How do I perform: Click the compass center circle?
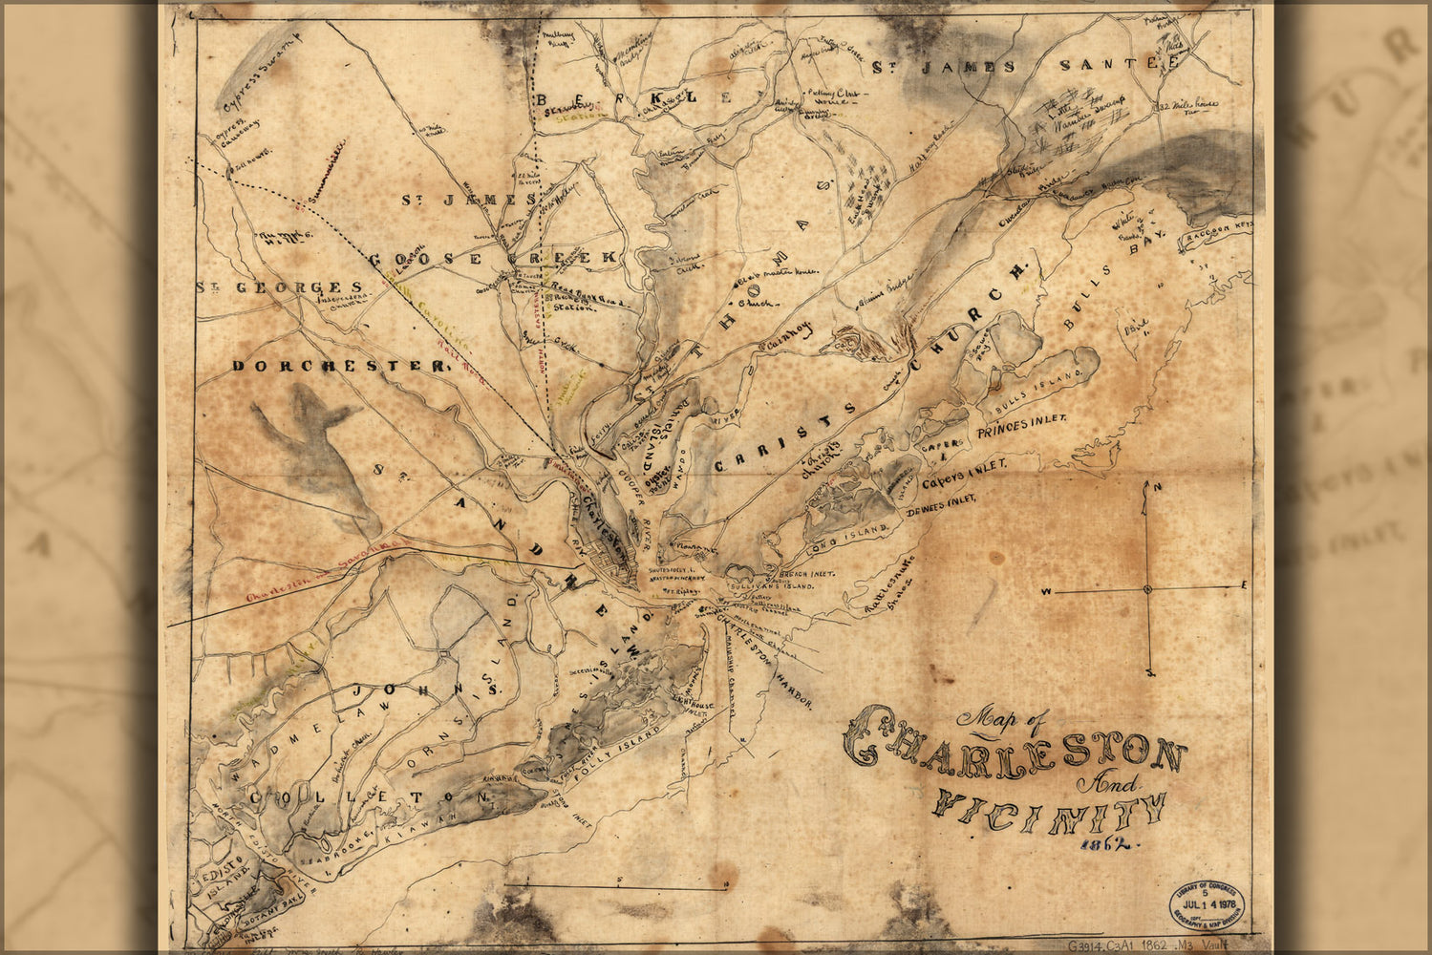(1147, 589)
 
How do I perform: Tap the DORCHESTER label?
(339, 366)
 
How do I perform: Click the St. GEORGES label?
(279, 286)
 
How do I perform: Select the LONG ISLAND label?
(848, 531)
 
